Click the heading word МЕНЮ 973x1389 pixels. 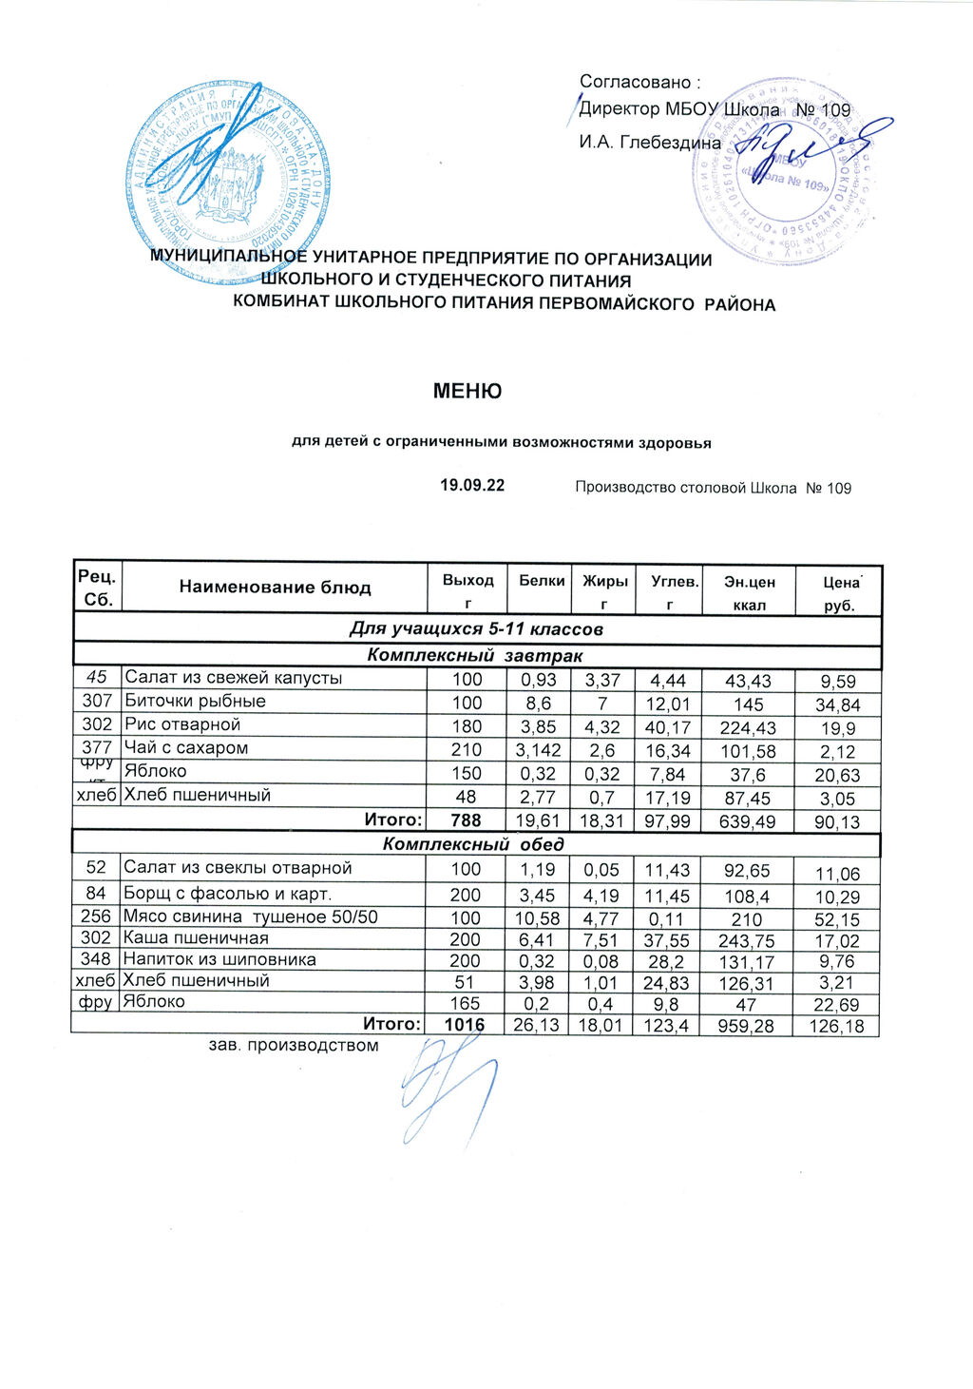coord(467,391)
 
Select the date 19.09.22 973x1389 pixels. coord(471,486)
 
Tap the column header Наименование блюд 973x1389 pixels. coord(275,588)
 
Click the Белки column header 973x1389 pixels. coord(542,580)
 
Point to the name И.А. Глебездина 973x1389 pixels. coord(650,143)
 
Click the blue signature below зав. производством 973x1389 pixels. coord(447,1084)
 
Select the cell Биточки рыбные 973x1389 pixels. coord(196,702)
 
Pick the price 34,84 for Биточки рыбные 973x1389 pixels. coord(838,704)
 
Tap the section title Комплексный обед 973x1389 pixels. coord(473,844)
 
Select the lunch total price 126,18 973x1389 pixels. coord(838,1026)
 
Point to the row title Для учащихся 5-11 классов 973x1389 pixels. coord(476,629)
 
